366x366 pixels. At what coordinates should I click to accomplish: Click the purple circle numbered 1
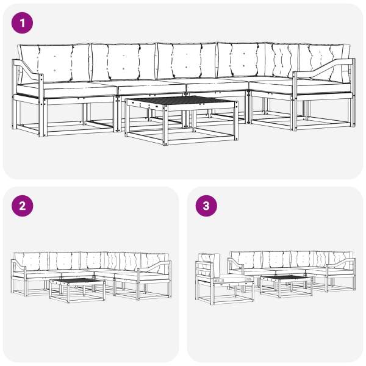(22, 23)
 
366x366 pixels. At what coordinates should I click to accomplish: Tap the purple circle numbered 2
(22, 206)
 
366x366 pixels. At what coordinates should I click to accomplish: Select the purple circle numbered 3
(206, 206)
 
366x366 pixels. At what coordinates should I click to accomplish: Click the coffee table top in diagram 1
(182, 101)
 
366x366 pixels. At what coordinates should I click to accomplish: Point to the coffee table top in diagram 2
(77, 281)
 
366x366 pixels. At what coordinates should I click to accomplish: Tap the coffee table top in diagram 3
(286, 278)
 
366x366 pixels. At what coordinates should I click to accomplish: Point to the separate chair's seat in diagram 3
(234, 279)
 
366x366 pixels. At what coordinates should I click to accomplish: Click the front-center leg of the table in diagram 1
(166, 125)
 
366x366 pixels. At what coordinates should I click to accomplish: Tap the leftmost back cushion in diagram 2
(31, 262)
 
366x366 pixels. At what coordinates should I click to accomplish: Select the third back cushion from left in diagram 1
(187, 60)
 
